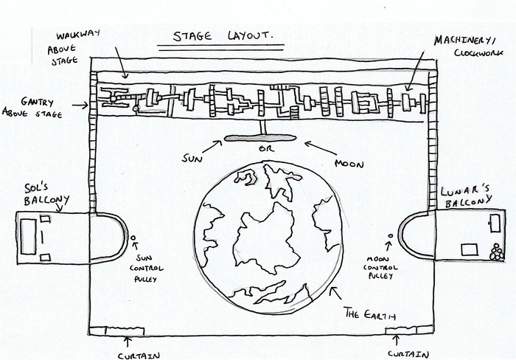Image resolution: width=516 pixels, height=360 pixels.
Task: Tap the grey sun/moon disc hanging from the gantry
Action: point(260,137)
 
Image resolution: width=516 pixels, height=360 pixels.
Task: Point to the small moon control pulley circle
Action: point(390,236)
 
